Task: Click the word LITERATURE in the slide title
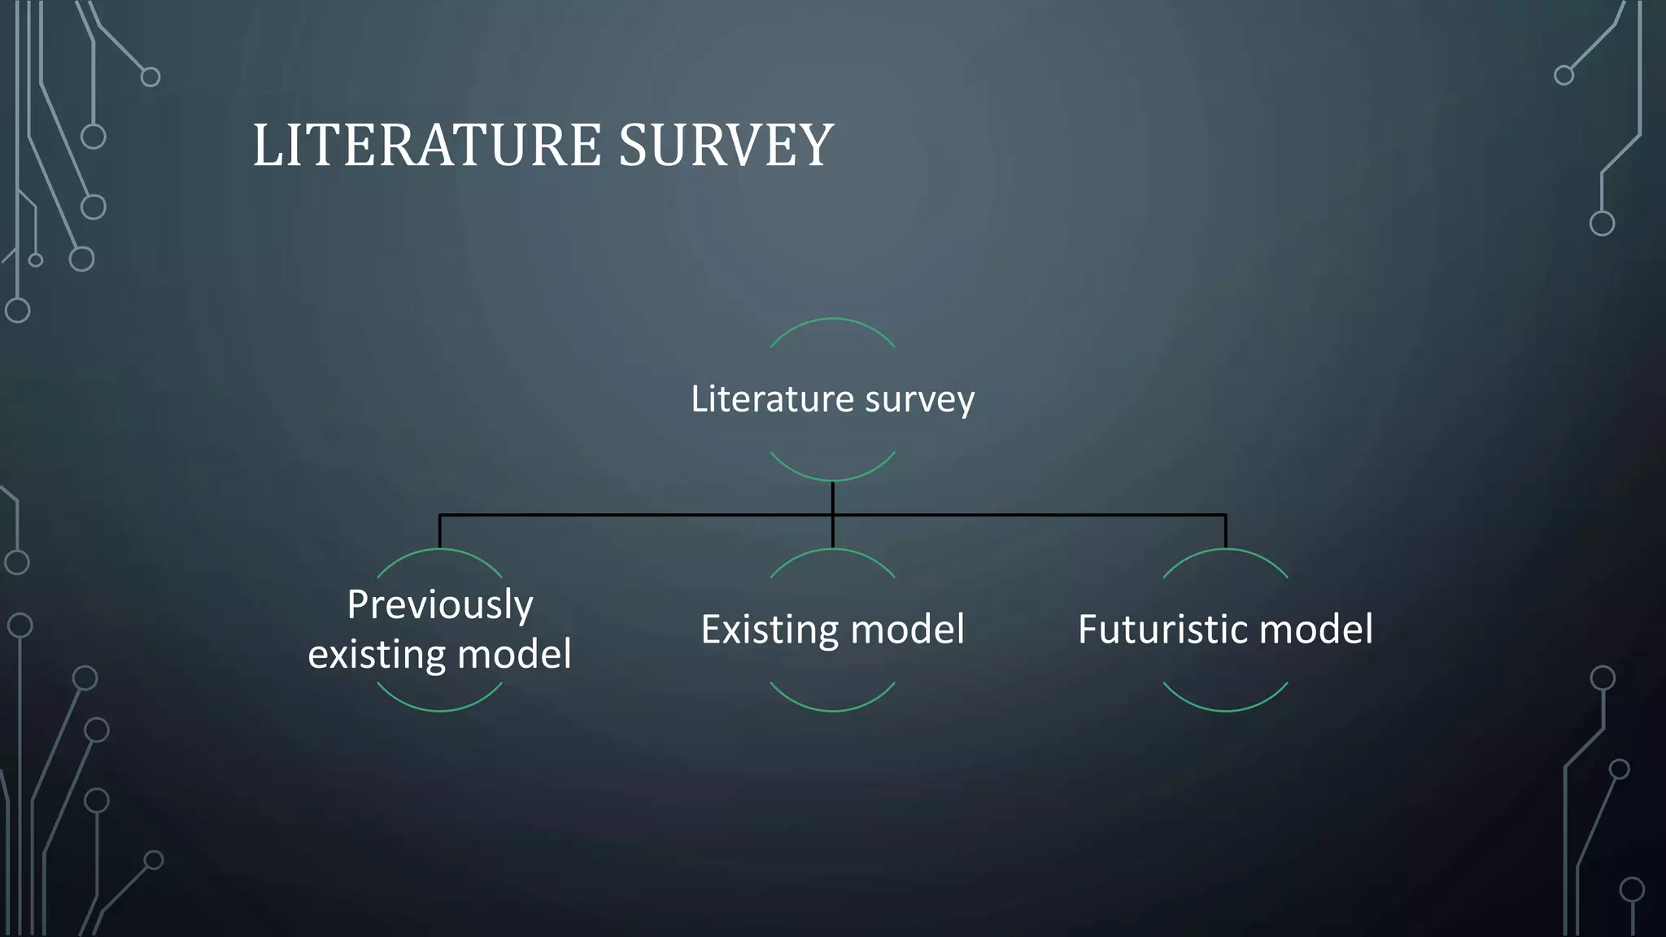point(428,146)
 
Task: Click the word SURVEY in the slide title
point(726,146)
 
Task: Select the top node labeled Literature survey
point(832,399)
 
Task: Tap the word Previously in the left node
point(440,604)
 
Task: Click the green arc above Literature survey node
point(832,320)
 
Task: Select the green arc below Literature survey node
point(832,479)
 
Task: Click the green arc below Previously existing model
point(439,710)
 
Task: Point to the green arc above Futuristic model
point(1225,550)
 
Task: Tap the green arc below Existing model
point(832,710)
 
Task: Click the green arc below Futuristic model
point(1225,710)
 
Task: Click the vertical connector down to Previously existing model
point(440,532)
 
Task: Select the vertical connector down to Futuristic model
point(1225,532)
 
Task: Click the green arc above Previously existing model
point(439,550)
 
